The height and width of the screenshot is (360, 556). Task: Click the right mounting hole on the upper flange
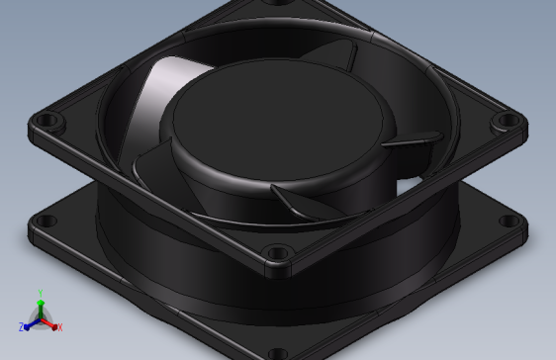[507, 121]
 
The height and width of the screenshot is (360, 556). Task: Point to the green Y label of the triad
[40, 293]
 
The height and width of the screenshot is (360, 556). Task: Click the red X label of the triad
[59, 326]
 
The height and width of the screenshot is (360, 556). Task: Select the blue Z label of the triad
[21, 326]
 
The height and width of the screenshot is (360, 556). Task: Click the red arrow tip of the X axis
[52, 323]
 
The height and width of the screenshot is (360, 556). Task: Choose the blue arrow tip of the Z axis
[28, 323]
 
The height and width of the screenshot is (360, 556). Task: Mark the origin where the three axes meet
[40, 317]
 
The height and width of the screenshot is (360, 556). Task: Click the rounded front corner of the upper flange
[279, 268]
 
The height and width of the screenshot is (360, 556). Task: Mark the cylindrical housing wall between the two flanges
[178, 262]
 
